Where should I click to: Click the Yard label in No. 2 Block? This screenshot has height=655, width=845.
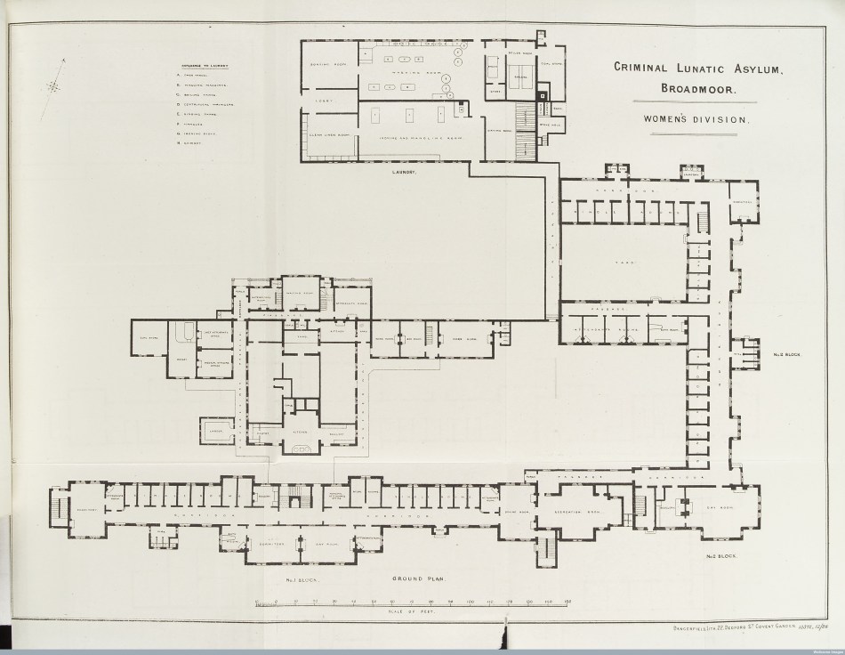(x=622, y=263)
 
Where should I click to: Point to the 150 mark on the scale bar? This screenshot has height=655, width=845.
(x=567, y=602)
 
